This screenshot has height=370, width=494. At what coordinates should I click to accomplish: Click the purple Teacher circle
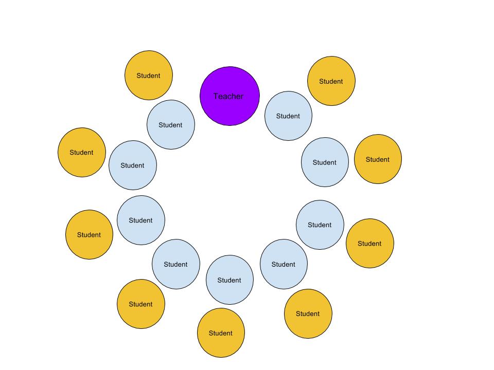[x=230, y=96]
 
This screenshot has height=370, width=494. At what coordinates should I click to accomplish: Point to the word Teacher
[x=228, y=96]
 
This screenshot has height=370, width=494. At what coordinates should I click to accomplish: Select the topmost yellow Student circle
[x=149, y=75]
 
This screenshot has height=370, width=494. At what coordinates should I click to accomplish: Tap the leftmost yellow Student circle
[x=82, y=152]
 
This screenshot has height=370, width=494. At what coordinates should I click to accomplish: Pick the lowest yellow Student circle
[x=221, y=333]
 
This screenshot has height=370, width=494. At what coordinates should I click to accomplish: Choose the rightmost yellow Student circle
[x=378, y=159]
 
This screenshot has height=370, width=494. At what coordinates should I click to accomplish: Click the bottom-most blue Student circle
[x=230, y=280]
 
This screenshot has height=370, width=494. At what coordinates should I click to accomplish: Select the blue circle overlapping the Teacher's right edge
[x=288, y=116]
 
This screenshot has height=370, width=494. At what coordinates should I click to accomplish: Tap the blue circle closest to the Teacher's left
[x=171, y=125]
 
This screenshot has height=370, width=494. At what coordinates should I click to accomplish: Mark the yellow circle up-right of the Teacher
[x=331, y=81]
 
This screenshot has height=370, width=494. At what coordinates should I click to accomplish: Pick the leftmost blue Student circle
[x=132, y=165]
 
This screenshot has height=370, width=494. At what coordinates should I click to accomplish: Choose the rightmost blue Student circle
[x=325, y=162]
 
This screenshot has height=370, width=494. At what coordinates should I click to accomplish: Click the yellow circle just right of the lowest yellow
[x=308, y=313]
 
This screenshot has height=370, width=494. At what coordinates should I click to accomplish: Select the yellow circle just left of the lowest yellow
[x=141, y=304]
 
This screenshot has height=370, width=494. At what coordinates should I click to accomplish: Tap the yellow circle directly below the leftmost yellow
[x=89, y=234]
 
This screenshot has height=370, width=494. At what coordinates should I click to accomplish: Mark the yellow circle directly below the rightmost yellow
[x=369, y=243]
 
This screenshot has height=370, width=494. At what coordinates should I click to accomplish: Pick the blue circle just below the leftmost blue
[x=140, y=220]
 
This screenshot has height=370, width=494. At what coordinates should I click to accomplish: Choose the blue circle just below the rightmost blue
[x=320, y=225]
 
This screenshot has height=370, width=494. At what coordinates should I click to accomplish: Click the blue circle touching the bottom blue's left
[x=175, y=264]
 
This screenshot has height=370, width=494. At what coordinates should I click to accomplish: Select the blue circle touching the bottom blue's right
[x=284, y=264]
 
